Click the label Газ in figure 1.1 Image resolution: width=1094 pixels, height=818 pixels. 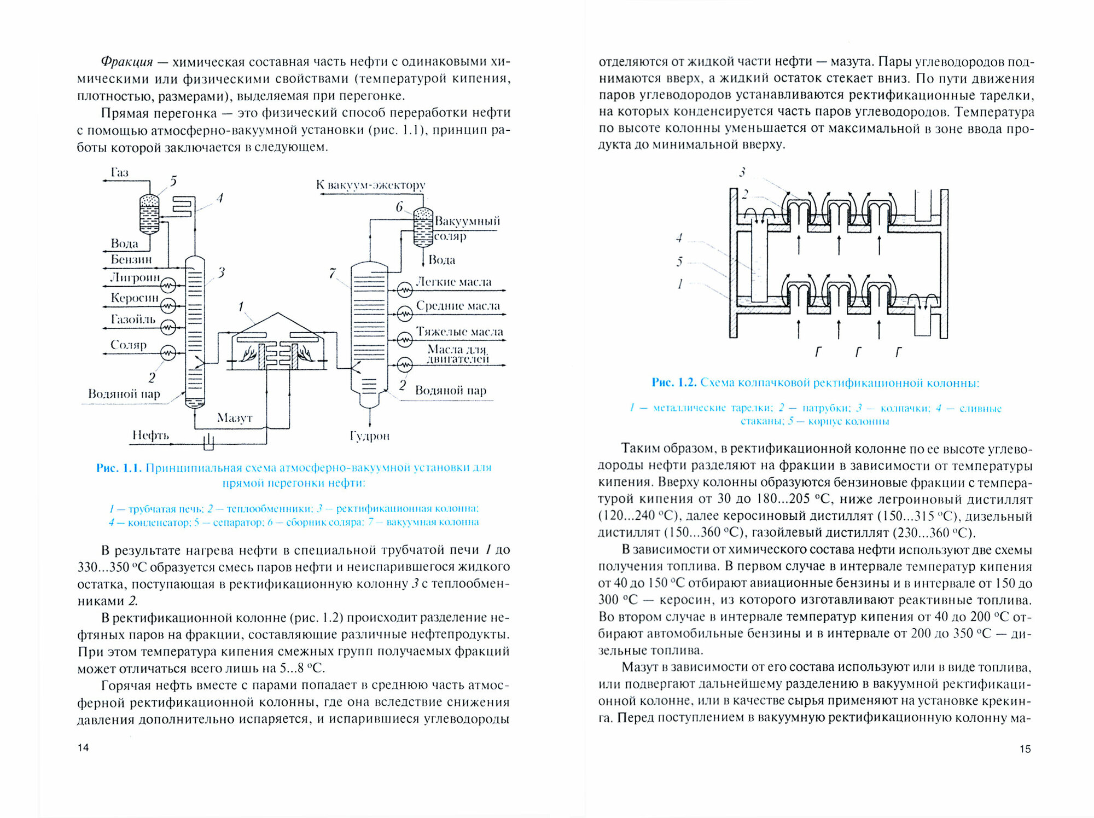(x=119, y=173)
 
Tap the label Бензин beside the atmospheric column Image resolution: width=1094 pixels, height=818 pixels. (x=131, y=259)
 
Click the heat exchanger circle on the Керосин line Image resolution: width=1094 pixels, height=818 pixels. (x=168, y=305)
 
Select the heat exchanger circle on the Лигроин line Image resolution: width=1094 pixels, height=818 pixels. (x=168, y=285)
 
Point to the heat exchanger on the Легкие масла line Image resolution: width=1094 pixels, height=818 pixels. (x=405, y=289)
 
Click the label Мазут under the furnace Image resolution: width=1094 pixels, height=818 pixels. (x=235, y=418)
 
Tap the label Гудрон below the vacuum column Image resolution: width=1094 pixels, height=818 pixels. (x=370, y=436)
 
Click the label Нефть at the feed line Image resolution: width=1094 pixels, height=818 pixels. (x=150, y=436)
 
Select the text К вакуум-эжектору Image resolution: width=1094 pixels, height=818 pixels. (x=370, y=185)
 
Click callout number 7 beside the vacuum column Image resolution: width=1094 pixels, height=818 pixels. (x=333, y=273)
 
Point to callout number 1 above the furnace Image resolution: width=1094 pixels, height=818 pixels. (x=241, y=307)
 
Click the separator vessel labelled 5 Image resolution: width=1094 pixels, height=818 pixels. (x=149, y=214)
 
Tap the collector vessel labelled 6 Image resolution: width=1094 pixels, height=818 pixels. (x=422, y=227)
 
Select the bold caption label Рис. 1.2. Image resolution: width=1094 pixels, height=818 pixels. (x=673, y=382)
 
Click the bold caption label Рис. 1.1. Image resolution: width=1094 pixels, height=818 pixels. (x=119, y=468)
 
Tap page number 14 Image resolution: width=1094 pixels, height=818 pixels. (x=83, y=748)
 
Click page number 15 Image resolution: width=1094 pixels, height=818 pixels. (x=1025, y=749)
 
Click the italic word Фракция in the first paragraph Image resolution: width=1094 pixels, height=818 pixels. (x=127, y=62)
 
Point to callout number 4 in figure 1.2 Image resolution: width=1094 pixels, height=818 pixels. (x=679, y=238)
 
